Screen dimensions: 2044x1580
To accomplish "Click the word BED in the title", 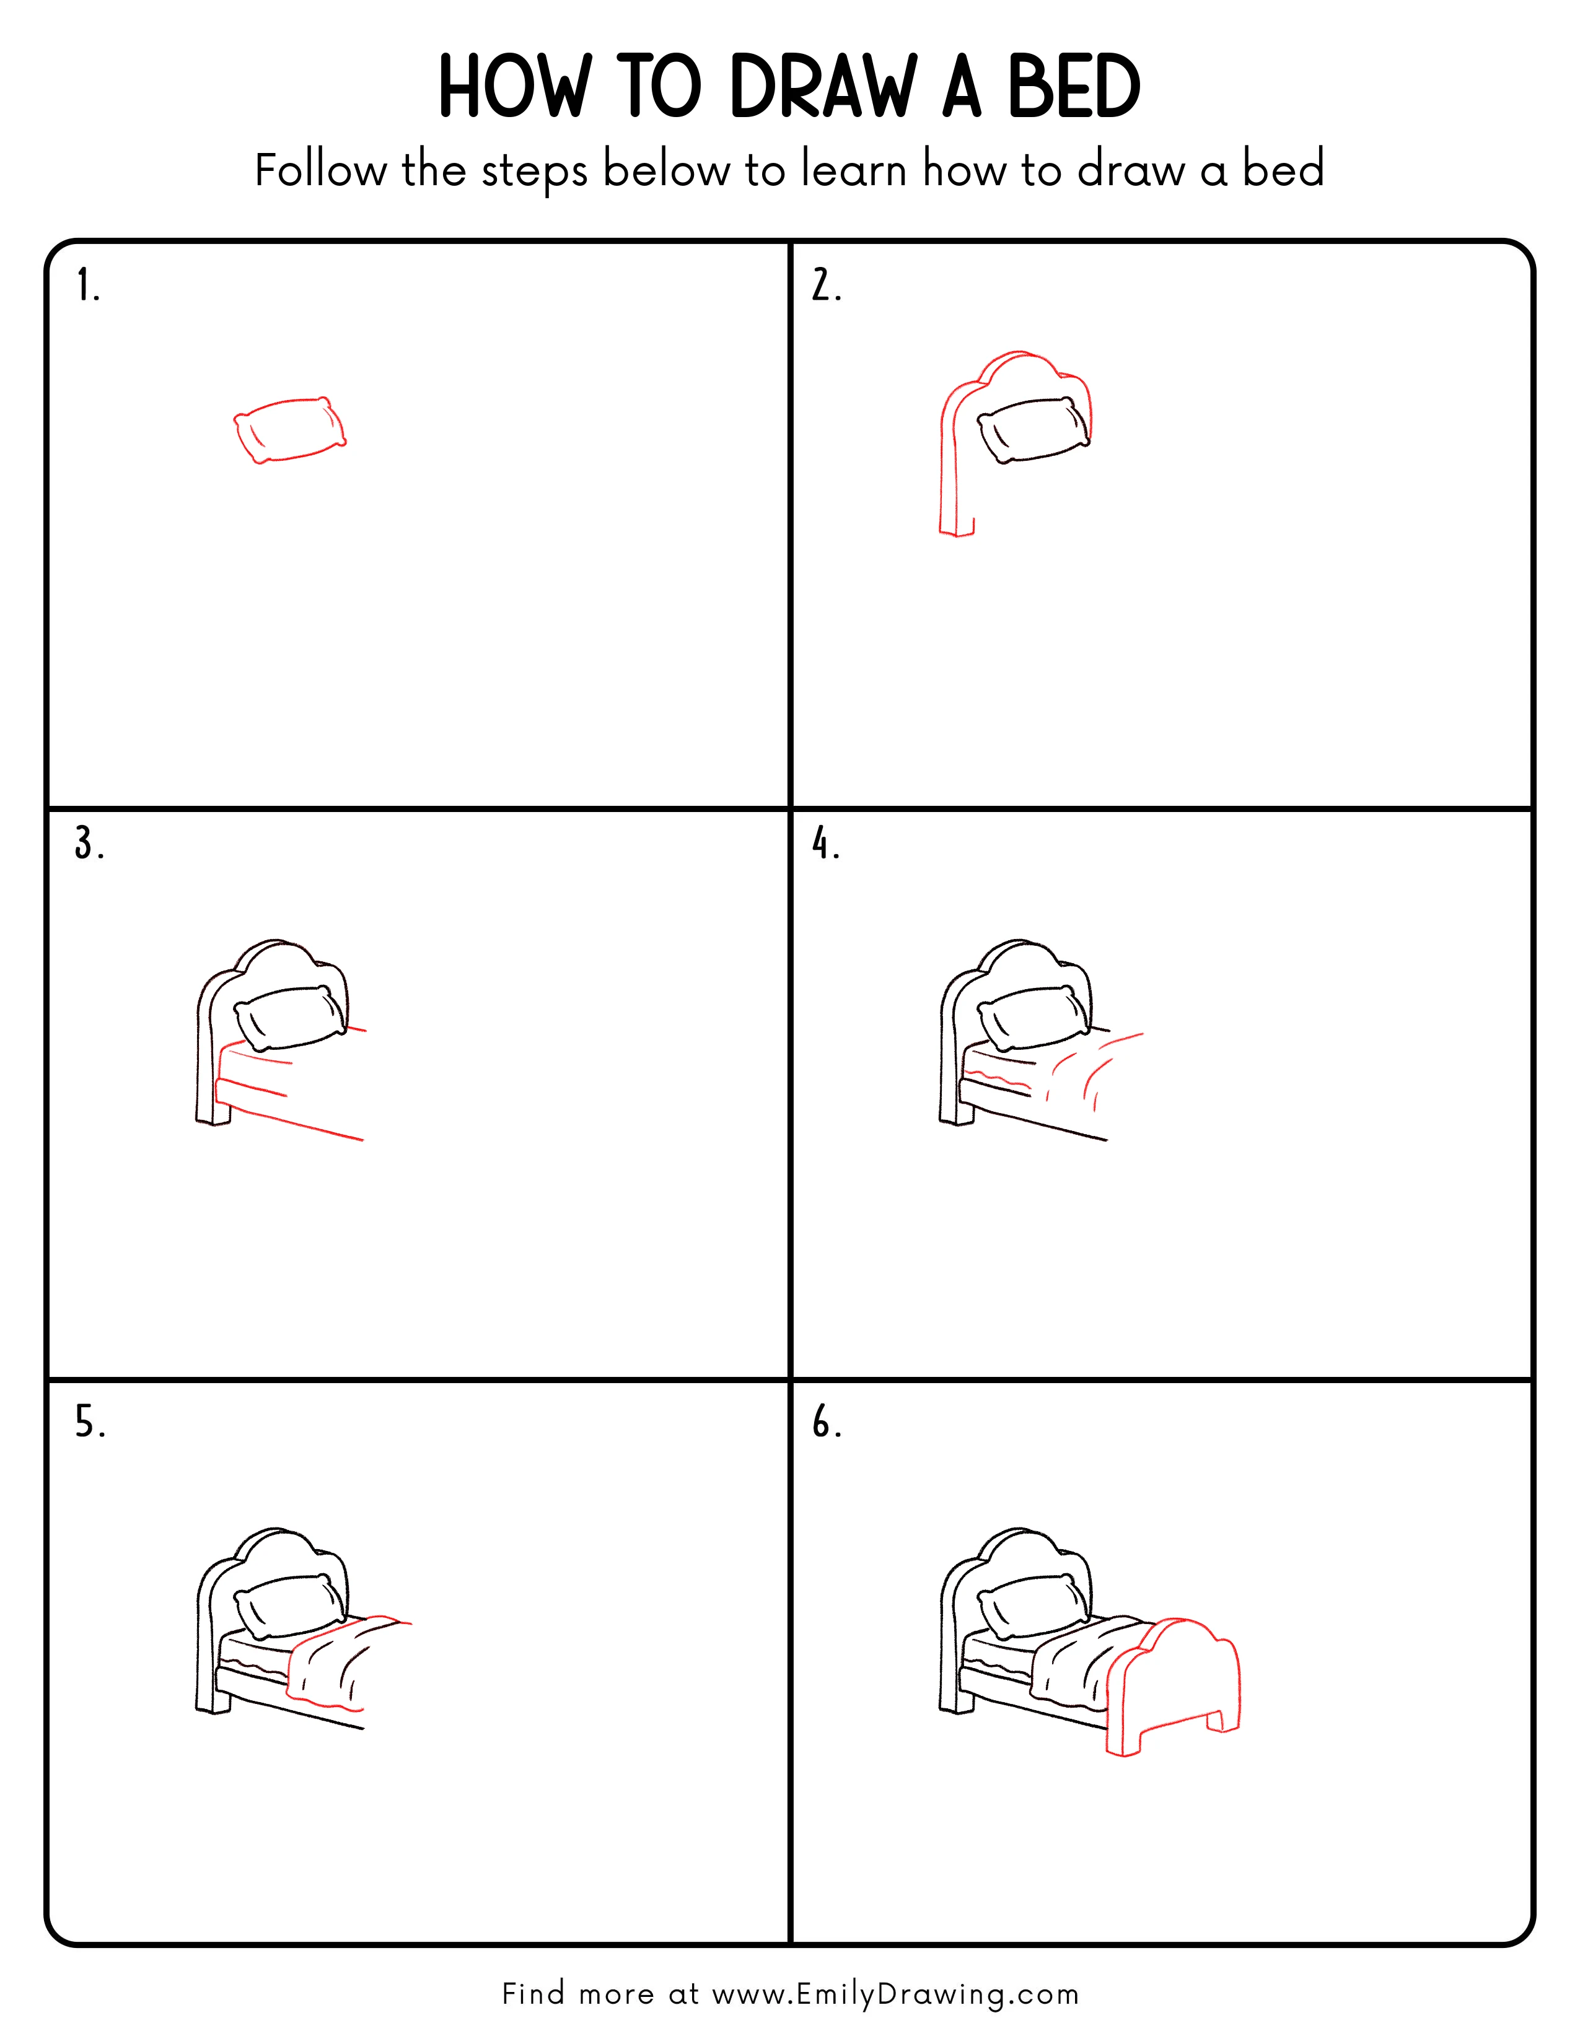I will [1074, 87].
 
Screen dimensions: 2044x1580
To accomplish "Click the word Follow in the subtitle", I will [320, 170].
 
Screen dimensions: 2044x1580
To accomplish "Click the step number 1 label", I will [87, 286].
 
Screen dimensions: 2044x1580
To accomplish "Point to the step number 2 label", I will [825, 286].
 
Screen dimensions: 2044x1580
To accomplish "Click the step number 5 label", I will [90, 1423].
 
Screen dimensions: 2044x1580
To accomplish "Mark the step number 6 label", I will [825, 1423].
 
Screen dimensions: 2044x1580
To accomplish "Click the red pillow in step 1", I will [289, 430].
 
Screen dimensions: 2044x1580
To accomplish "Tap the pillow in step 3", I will [290, 1018].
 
